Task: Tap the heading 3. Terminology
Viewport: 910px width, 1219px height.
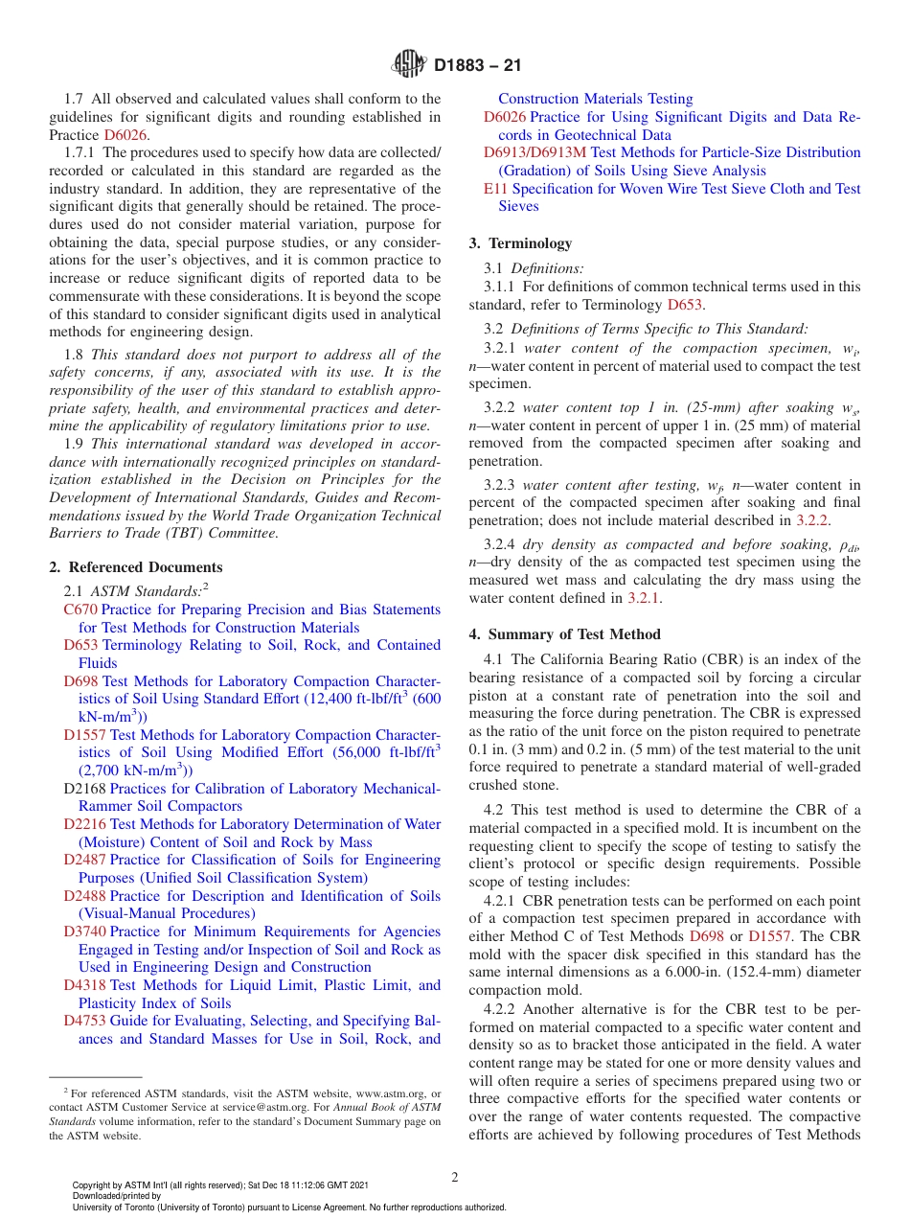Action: tap(520, 243)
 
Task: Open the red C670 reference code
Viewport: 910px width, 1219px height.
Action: tap(80, 609)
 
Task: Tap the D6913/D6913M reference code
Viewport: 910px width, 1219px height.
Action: tap(535, 152)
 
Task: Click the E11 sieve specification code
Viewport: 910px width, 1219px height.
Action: tap(495, 189)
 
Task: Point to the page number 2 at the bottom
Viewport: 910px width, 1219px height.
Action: tap(455, 1177)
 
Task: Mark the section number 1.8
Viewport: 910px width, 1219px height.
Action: tap(75, 354)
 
